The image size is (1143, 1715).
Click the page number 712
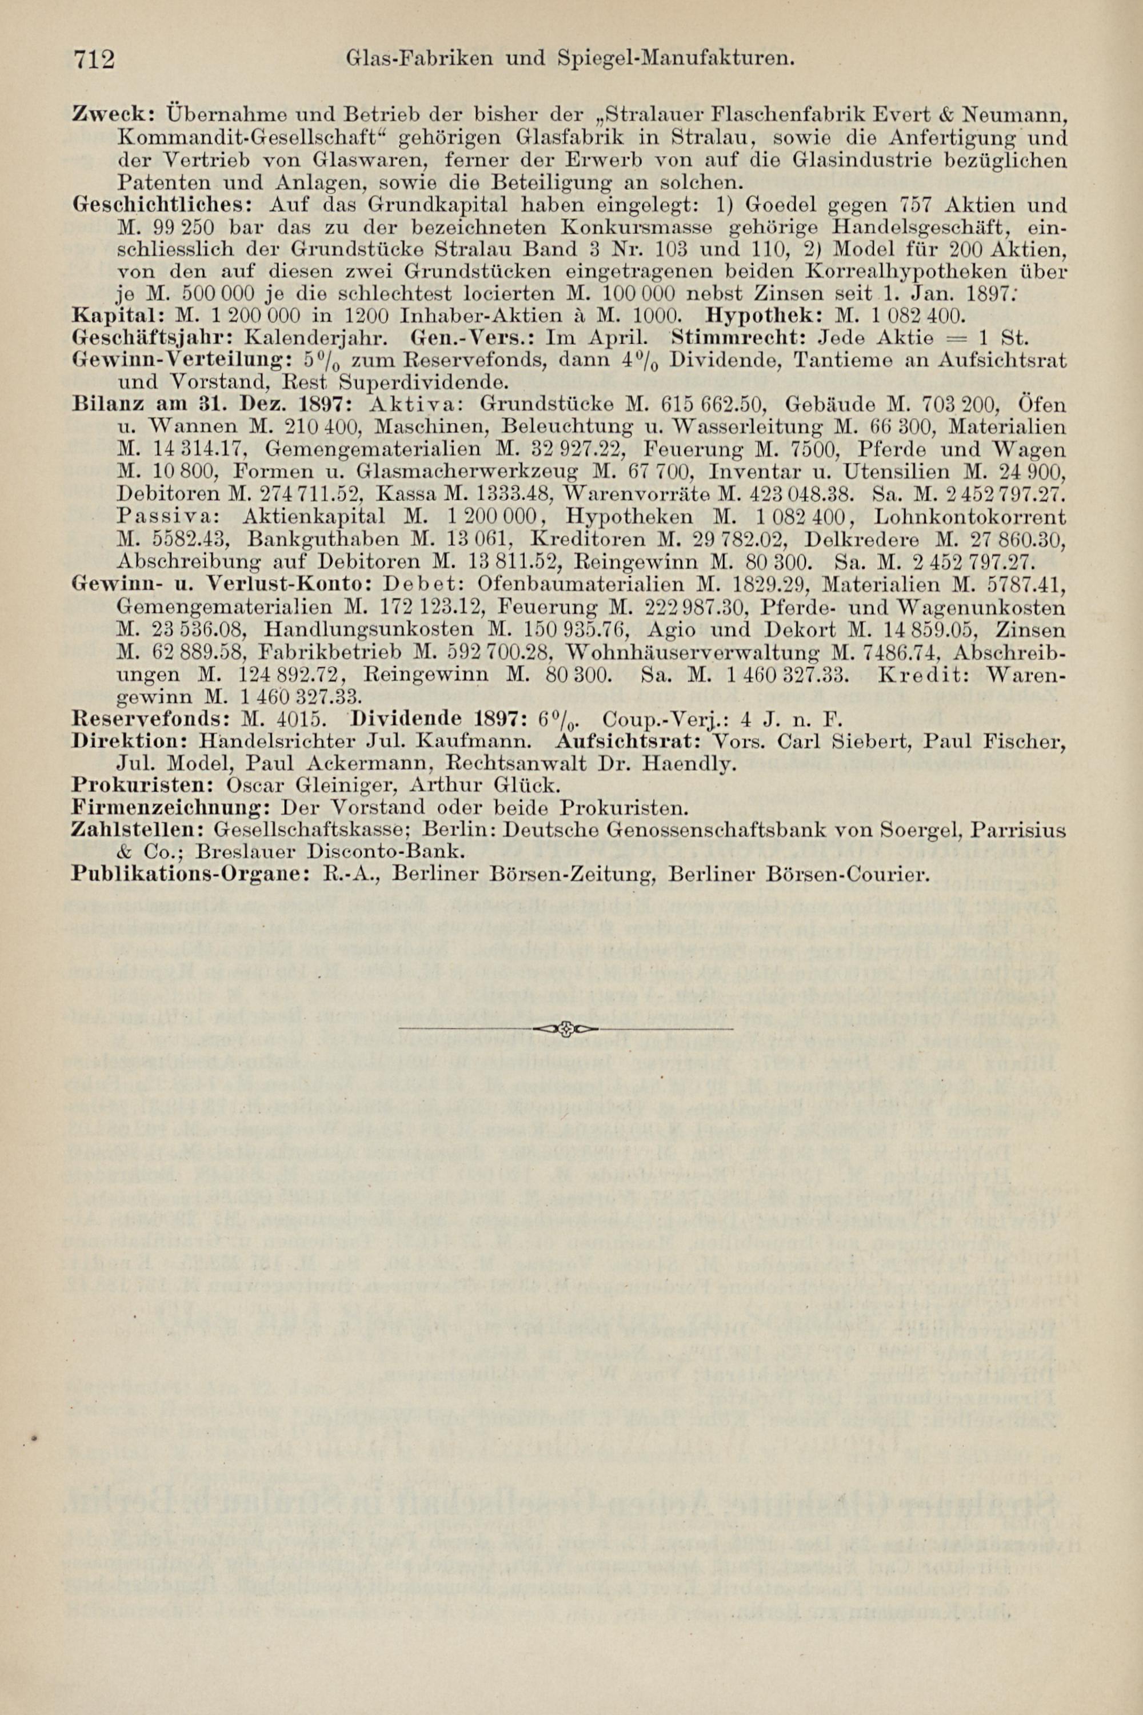pos(95,59)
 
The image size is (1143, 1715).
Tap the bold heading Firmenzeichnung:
pos(172,807)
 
